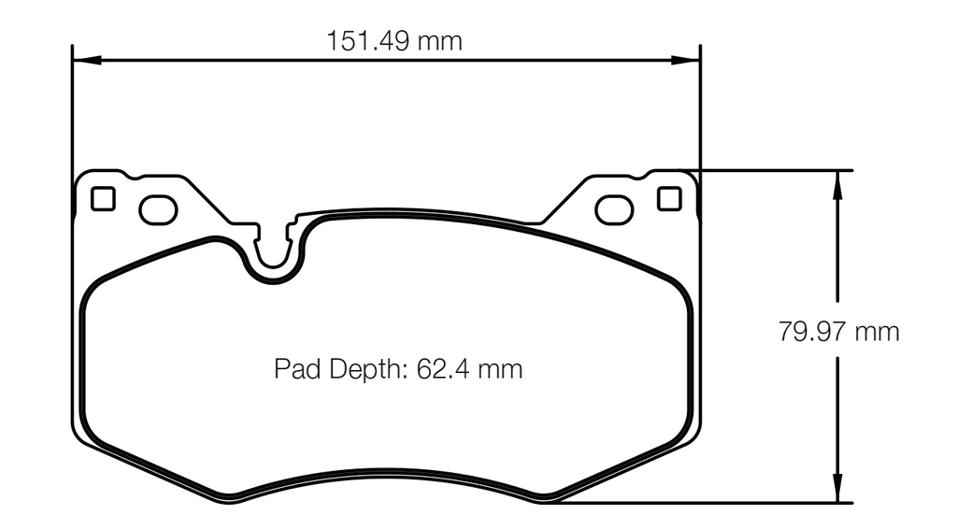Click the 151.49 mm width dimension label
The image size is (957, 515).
(x=393, y=41)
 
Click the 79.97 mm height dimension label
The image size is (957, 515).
(x=839, y=332)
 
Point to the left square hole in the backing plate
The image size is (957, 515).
(x=103, y=199)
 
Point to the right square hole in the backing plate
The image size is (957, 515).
(x=669, y=199)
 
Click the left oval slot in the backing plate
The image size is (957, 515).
(x=158, y=210)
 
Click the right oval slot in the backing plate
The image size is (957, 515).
(x=614, y=210)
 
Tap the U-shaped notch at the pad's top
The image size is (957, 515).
(x=275, y=258)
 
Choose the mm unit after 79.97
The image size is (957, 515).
(x=878, y=332)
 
